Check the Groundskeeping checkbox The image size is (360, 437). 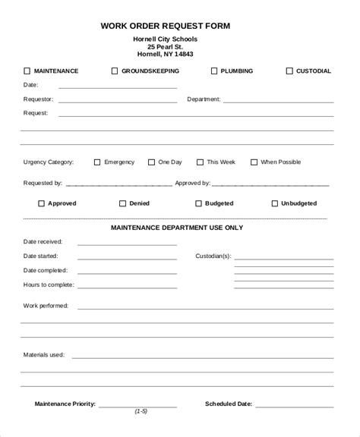[115, 71]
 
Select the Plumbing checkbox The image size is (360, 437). [213, 71]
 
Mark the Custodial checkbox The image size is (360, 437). [289, 71]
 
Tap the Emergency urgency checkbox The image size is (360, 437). [96, 162]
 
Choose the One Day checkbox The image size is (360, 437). [151, 162]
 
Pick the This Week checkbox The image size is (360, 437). [200, 162]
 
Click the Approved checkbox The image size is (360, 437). [41, 203]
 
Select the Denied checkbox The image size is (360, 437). [122, 203]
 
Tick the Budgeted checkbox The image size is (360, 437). [198, 203]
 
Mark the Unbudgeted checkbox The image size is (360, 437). [274, 203]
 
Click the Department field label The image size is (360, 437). [204, 99]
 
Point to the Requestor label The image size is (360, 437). [39, 99]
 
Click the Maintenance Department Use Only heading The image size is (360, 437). [177, 227]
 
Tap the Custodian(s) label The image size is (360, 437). [213, 256]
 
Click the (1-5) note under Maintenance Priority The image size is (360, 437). [141, 411]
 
